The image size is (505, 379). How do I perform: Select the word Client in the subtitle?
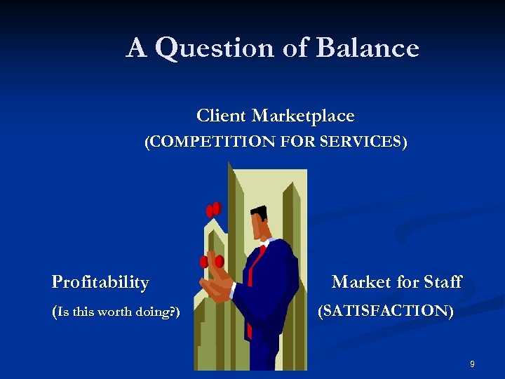tap(221, 116)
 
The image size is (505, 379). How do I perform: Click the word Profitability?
tap(100, 283)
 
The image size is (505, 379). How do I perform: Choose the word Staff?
tap(442, 282)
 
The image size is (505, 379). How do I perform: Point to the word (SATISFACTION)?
tap(386, 310)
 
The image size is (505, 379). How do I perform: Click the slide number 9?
tap(472, 364)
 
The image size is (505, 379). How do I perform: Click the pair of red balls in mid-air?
tap(213, 209)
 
